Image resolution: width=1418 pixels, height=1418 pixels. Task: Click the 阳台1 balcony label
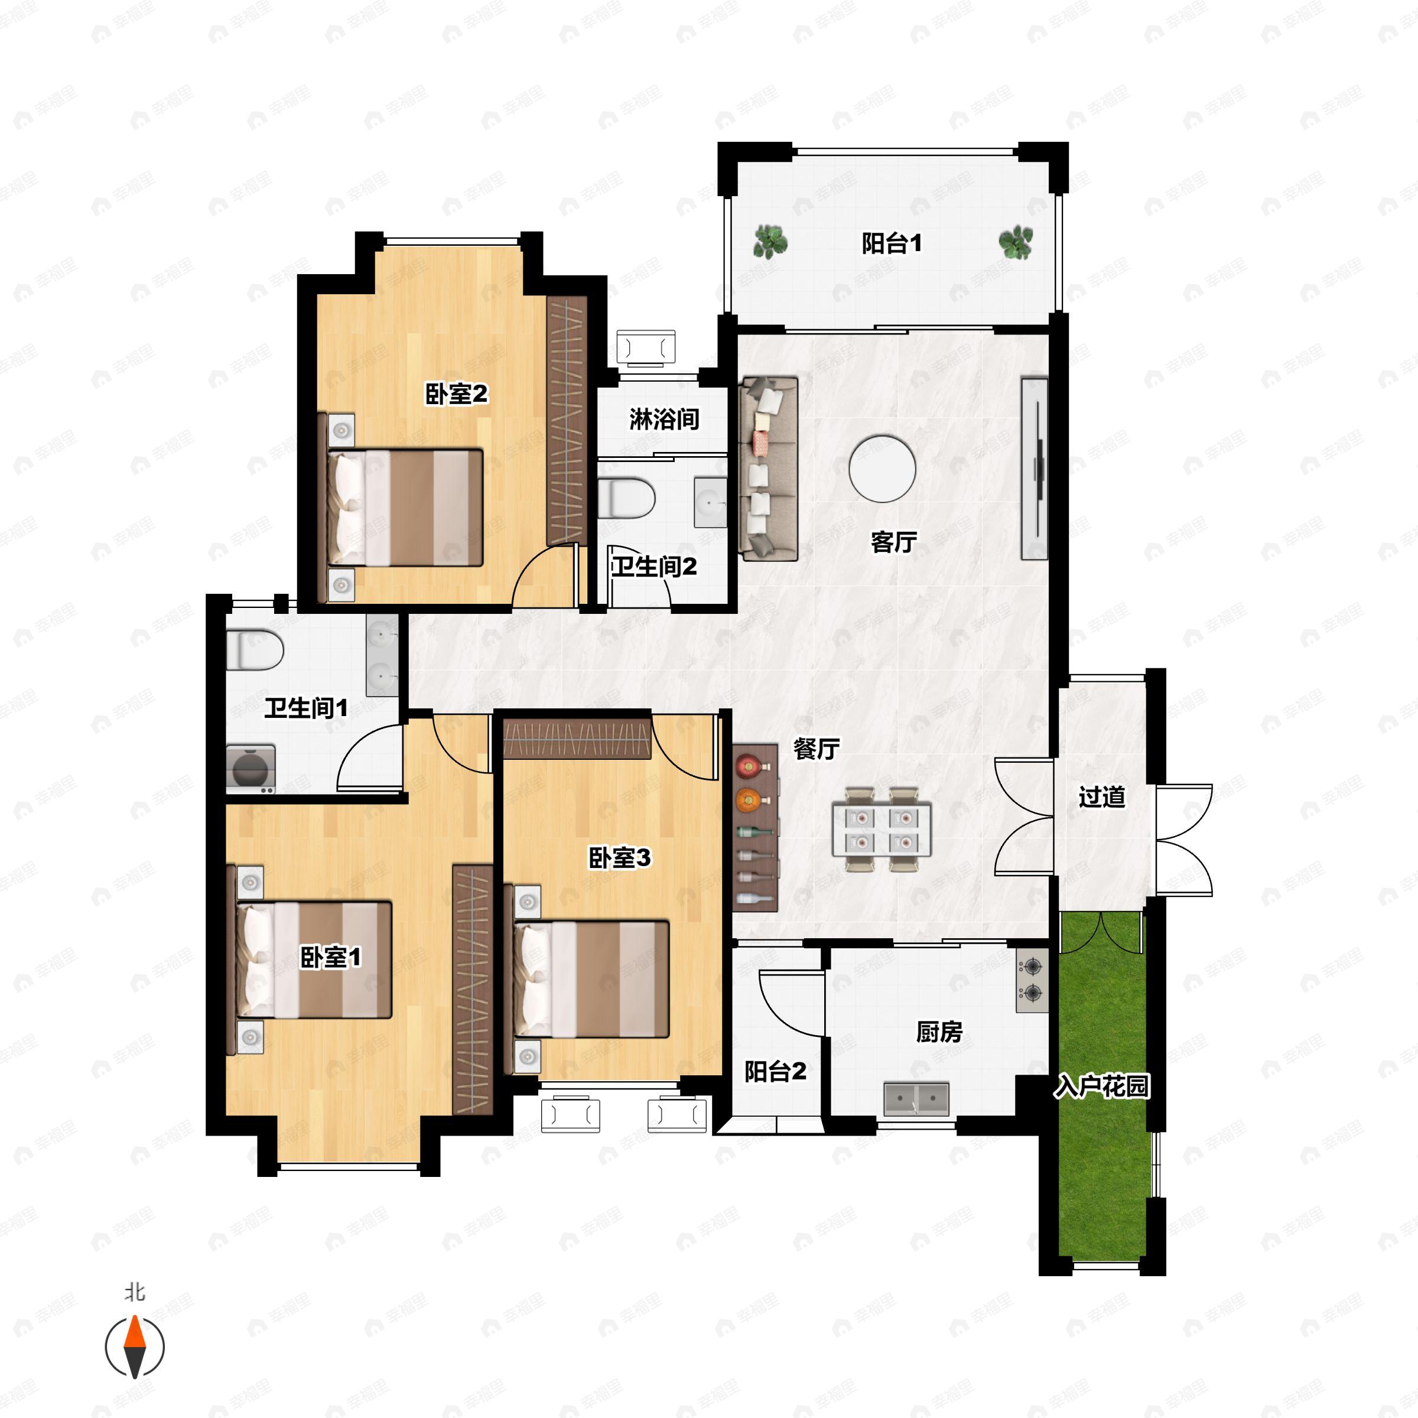tap(892, 243)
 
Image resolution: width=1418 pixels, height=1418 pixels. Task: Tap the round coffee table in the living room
tap(882, 469)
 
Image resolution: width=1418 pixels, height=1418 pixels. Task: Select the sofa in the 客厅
tap(769, 469)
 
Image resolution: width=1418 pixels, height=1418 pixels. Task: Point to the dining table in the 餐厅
tap(882, 830)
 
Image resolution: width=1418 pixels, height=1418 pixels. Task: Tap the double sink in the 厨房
tap(917, 1099)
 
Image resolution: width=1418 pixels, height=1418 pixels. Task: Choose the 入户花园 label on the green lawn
tap(1102, 1087)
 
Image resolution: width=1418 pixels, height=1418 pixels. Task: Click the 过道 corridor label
tap(1102, 797)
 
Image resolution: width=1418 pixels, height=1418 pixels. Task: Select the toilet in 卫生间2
tap(625, 497)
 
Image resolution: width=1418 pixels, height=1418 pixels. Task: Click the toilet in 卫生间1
tap(254, 649)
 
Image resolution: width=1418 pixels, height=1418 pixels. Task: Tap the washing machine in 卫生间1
tap(251, 769)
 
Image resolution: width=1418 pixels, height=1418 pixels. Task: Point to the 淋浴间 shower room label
tap(664, 419)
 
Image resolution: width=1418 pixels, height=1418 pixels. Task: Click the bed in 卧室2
tap(404, 508)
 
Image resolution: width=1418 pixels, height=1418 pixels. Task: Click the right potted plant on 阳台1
tap(1016, 242)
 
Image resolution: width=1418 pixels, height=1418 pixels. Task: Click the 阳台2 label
tap(776, 1072)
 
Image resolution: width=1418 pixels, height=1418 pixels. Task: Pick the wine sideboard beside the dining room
tap(755, 828)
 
